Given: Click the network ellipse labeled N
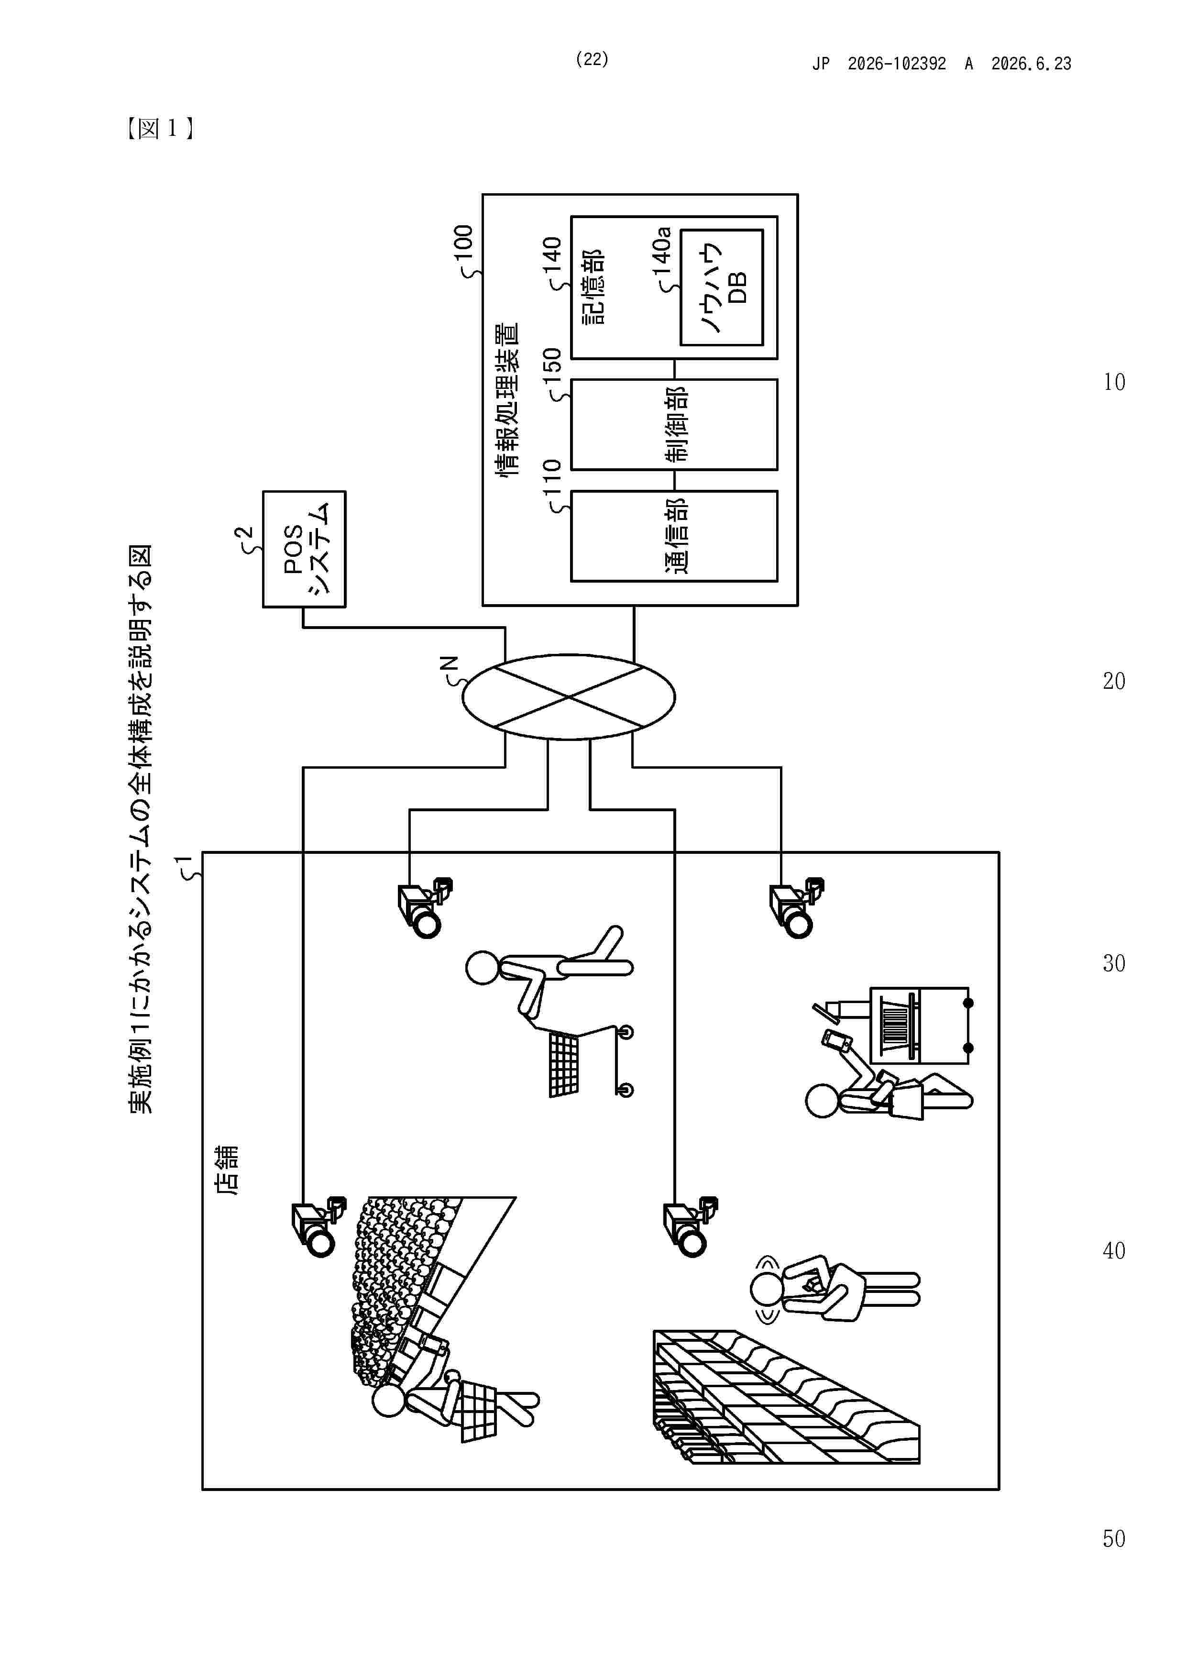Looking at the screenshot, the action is coord(569,697).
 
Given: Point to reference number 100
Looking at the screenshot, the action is coord(463,248).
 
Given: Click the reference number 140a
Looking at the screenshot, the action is coord(661,250).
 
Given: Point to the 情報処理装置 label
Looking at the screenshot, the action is coord(506,400).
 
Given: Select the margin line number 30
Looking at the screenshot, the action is coord(1114,963).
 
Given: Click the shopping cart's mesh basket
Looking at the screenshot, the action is coord(563,1066).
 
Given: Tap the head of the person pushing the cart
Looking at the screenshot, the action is coord(483,968).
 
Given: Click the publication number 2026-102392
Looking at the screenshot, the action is coord(897,64).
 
